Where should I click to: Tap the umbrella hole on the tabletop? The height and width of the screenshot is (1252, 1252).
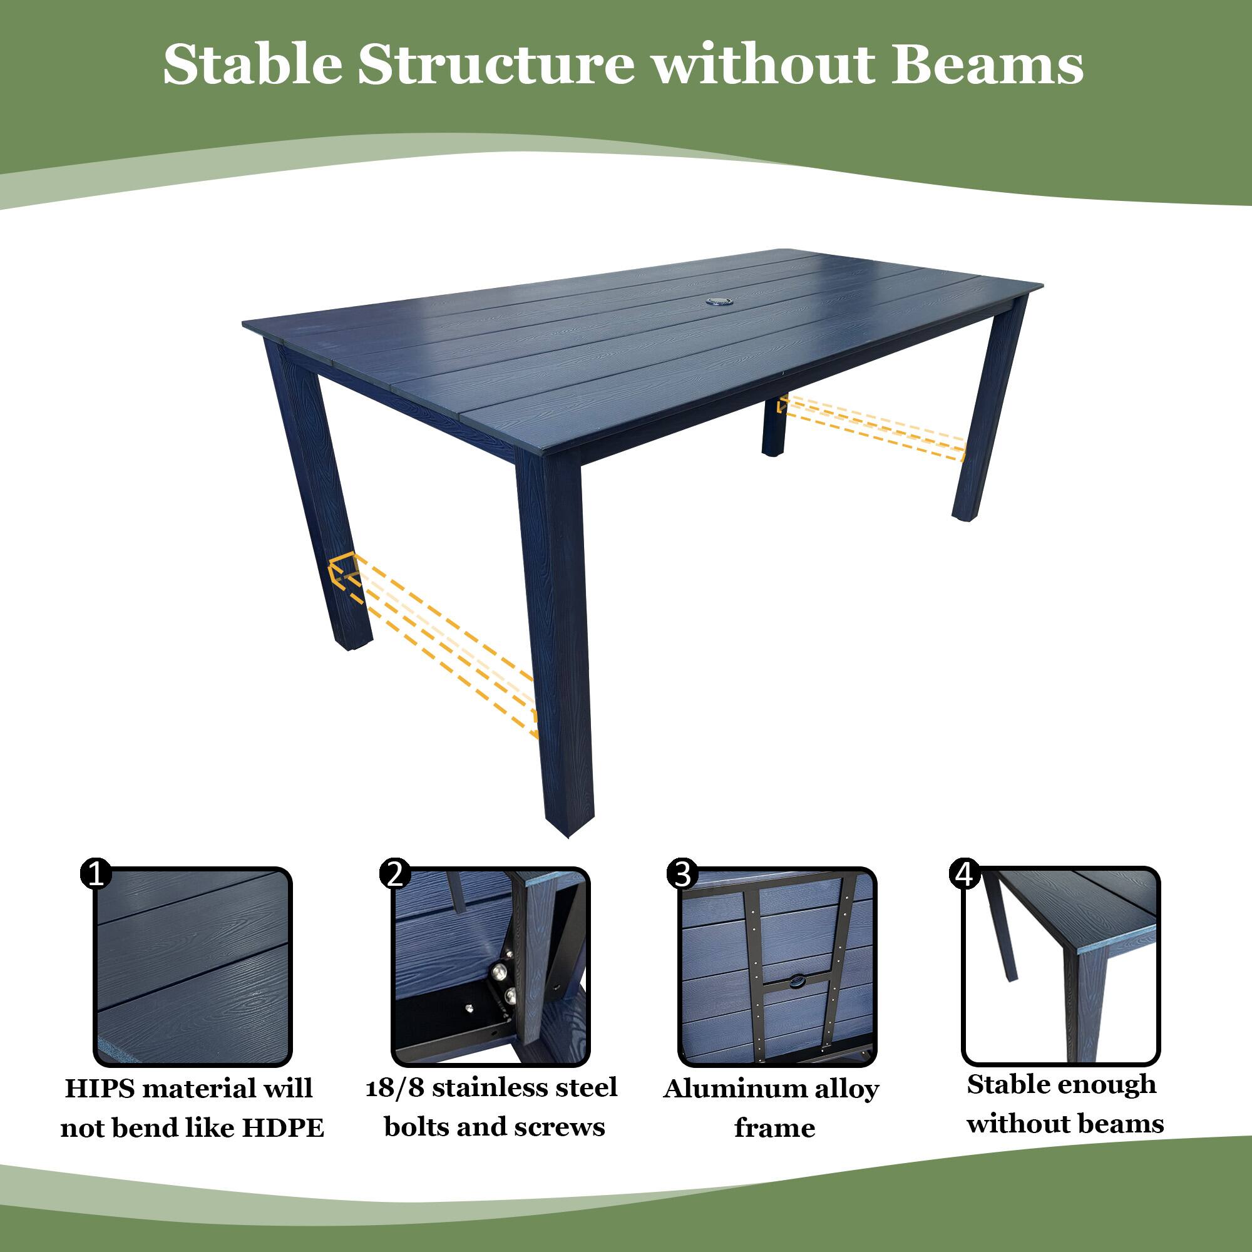(x=719, y=300)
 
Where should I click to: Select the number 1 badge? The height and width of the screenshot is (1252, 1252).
(x=96, y=874)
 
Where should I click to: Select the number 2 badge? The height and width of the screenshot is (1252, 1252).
(x=394, y=874)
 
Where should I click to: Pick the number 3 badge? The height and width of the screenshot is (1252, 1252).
(x=682, y=874)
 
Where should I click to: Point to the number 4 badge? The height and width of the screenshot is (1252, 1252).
(x=964, y=874)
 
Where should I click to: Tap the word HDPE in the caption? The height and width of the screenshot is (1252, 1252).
(x=282, y=1128)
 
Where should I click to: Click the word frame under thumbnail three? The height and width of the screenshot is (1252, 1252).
(x=774, y=1128)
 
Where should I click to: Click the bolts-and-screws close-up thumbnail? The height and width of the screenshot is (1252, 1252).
(x=491, y=966)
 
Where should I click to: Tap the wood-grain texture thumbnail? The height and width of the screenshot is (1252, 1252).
(x=193, y=966)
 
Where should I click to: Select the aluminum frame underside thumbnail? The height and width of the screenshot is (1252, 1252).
(x=777, y=966)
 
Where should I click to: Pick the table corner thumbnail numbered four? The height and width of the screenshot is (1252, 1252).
(x=1061, y=966)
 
